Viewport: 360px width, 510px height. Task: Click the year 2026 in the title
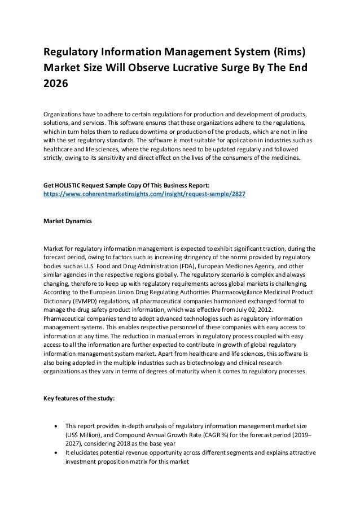pyautogui.click(x=55, y=85)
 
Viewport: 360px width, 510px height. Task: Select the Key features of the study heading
pyautogui.click(x=79, y=399)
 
